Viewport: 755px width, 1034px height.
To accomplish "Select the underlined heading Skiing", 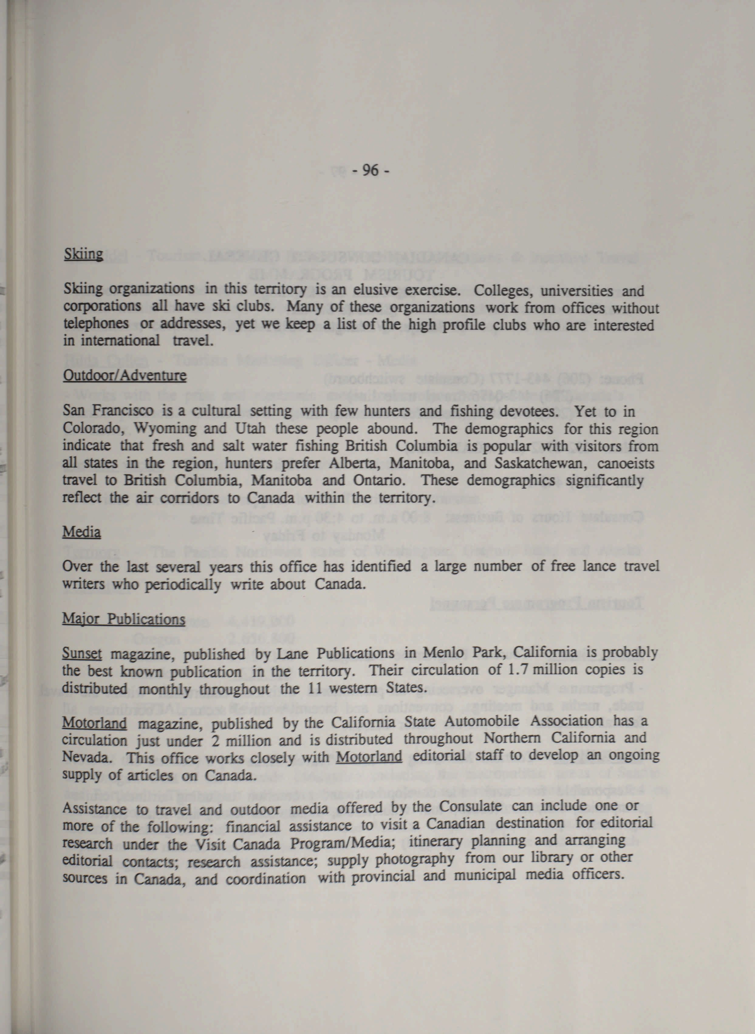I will click(83, 254).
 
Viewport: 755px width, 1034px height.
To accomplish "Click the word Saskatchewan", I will click(539, 464).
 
